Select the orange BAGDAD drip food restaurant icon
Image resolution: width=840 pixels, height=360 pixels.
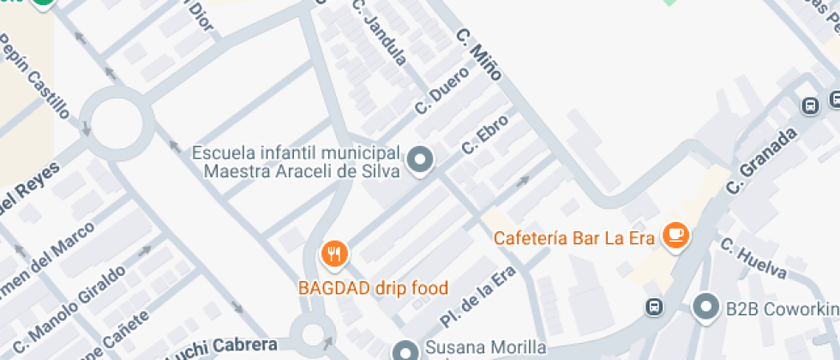click(x=333, y=254)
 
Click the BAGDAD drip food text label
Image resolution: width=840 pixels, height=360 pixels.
click(x=373, y=288)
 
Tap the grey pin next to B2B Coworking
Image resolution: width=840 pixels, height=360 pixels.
click(x=705, y=306)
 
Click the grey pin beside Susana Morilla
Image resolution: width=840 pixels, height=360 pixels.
click(x=405, y=351)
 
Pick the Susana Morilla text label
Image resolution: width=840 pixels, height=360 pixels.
click(x=485, y=348)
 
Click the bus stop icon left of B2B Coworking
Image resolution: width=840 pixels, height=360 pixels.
click(x=654, y=306)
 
